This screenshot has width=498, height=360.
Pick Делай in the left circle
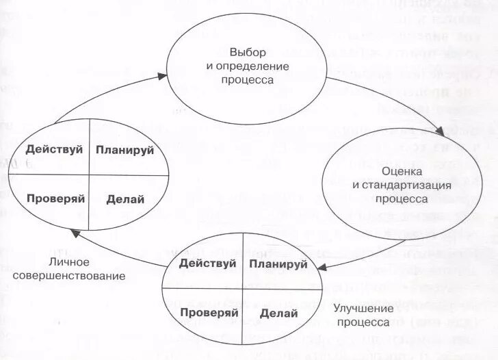[x=125, y=199]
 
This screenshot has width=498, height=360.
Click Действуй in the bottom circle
[x=207, y=263]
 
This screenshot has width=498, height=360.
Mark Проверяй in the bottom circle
[x=209, y=312]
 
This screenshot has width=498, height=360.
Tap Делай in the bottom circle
[x=278, y=313]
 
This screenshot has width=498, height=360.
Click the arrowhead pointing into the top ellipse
[x=161, y=76]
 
